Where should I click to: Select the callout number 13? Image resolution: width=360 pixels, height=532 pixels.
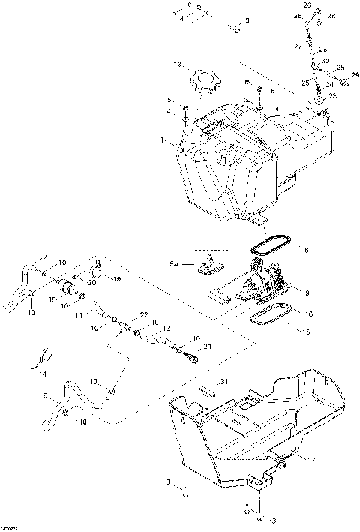click(x=178, y=65)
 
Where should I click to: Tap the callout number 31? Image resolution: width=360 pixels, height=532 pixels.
click(x=223, y=383)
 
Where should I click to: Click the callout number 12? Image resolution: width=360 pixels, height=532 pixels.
click(x=166, y=328)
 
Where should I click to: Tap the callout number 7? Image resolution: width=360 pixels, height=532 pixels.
click(x=44, y=257)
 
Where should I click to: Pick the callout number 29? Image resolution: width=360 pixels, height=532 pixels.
click(x=355, y=74)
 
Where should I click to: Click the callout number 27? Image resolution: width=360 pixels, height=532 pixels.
click(x=298, y=46)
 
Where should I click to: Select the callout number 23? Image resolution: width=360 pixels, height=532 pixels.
click(x=333, y=95)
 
